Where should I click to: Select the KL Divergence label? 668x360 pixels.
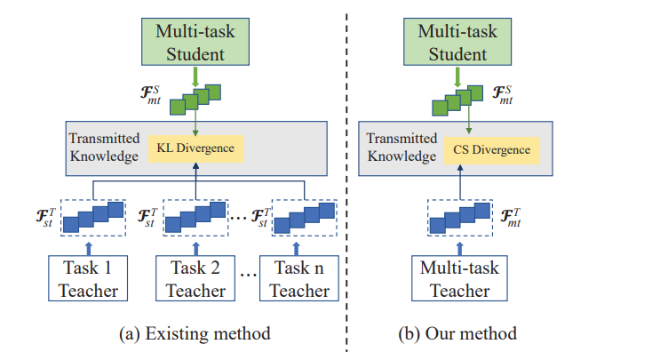(x=196, y=148)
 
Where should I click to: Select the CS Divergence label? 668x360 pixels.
(x=490, y=148)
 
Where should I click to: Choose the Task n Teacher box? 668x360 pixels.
(x=299, y=277)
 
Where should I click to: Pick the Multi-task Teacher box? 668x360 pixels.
(x=458, y=277)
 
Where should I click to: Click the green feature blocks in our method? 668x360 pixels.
(x=459, y=100)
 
